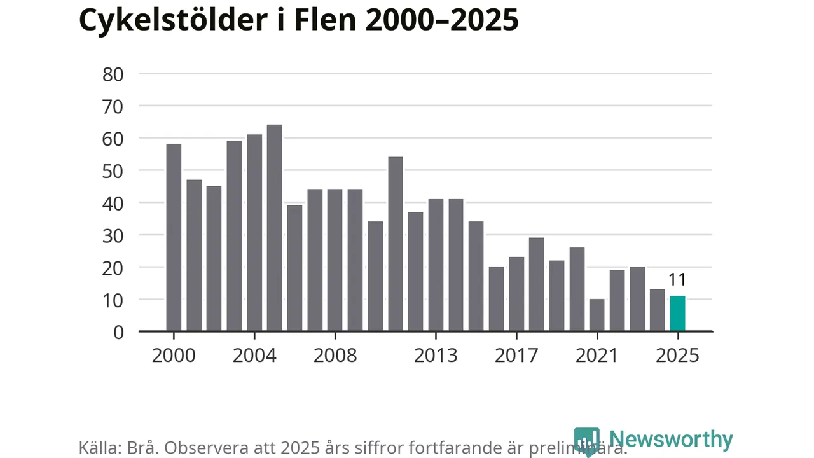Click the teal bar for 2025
[x=678, y=314]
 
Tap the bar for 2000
[x=174, y=238]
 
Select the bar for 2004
[x=254, y=233]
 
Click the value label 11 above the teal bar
[x=678, y=281]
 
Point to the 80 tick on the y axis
[x=113, y=74]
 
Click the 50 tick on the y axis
[x=113, y=170]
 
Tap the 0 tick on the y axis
[x=118, y=331]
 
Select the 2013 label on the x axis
[x=436, y=355]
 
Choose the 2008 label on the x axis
[x=335, y=355]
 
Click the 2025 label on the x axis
[x=678, y=355]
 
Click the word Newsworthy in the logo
[x=670, y=440]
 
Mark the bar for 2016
[x=496, y=299]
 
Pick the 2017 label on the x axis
[x=516, y=355]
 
